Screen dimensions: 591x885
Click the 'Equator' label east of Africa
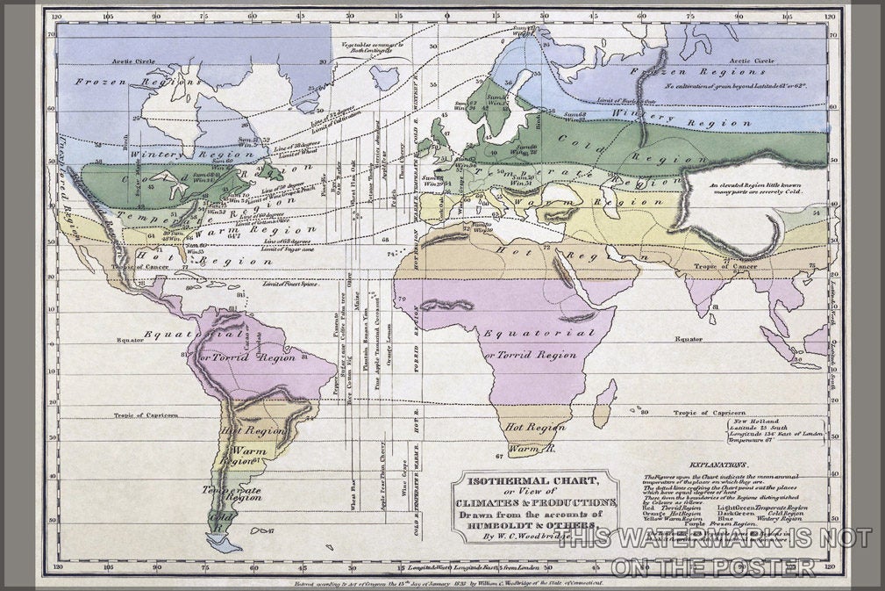pos(689,338)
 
